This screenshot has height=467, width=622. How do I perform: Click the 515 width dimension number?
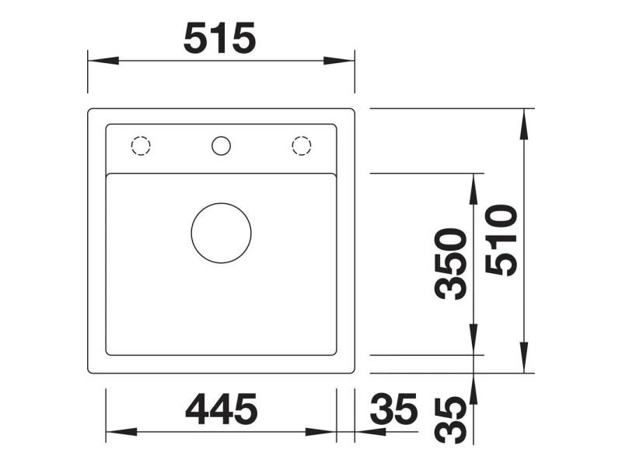220,38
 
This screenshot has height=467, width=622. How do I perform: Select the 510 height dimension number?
501,241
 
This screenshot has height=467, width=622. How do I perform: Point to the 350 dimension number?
450,264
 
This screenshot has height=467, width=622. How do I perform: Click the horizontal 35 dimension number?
394,408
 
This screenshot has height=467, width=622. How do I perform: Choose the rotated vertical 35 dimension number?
450,420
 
